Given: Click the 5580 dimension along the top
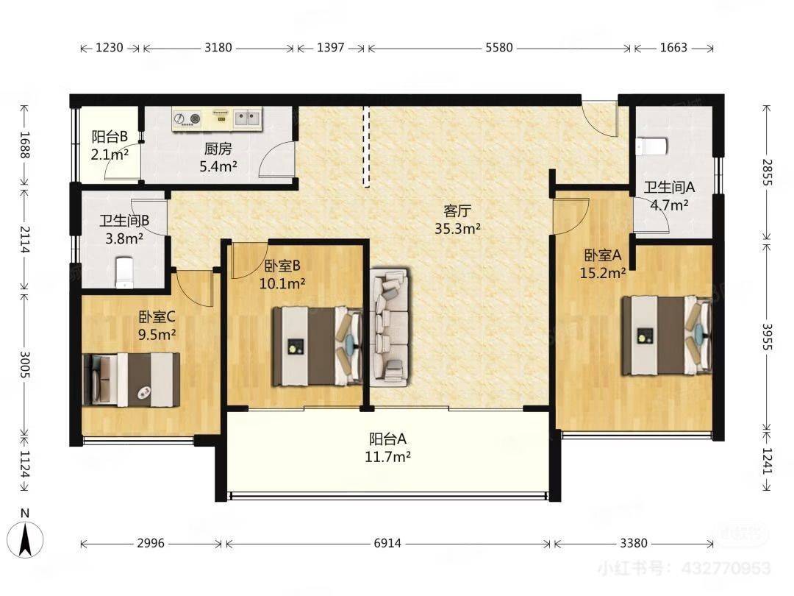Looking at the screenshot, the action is [498, 48].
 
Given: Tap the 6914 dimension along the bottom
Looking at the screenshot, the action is [387, 543].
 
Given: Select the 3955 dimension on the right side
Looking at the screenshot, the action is [767, 337].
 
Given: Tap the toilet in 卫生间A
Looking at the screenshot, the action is [651, 146].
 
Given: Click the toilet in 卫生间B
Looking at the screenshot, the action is [124, 272].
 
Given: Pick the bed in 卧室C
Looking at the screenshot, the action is [131, 380].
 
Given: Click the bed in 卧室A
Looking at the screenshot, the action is [667, 336].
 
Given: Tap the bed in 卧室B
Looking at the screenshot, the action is [318, 346].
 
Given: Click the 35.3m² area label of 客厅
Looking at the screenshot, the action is [457, 229].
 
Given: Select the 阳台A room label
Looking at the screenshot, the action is [387, 439].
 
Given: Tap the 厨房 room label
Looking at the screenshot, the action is [218, 149].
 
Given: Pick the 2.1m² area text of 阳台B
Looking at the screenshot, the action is [110, 155].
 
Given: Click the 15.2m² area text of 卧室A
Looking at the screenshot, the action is [603, 273].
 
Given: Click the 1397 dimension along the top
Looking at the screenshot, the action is [331, 48].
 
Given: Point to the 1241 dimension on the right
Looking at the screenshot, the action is [767, 461].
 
